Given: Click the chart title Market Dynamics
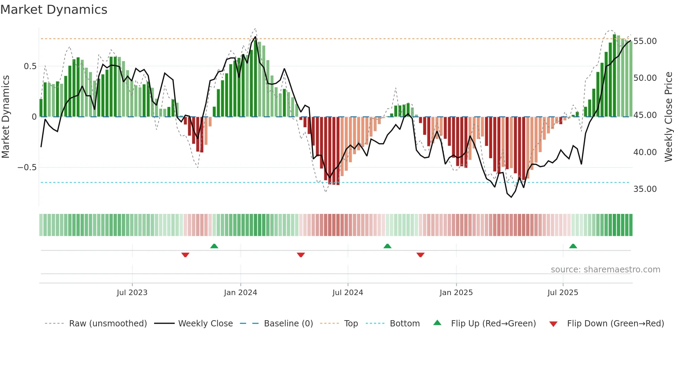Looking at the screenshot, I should pyautogui.click(x=54, y=10).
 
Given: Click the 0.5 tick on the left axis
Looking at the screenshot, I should pyautogui.click(x=30, y=66).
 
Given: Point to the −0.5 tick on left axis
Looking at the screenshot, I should pyautogui.click(x=27, y=167).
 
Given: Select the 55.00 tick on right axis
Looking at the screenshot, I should pyautogui.click(x=645, y=41).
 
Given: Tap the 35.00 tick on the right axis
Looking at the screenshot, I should pyautogui.click(x=645, y=189).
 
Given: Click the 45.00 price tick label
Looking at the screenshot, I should pyautogui.click(x=645, y=115).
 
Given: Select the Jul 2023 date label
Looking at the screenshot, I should pyautogui.click(x=132, y=293).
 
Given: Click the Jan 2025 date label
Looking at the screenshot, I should pyautogui.click(x=456, y=293).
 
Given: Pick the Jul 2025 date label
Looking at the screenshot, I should pyautogui.click(x=563, y=293).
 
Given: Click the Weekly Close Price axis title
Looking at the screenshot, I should pyautogui.click(x=668, y=117).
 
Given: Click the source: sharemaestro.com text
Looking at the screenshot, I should pyautogui.click(x=605, y=270).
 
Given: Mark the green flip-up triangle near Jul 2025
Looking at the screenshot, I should pyautogui.click(x=573, y=246).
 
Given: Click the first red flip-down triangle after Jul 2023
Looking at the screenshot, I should pyautogui.click(x=185, y=255).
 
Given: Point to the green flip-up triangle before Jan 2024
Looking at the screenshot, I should pyautogui.click(x=214, y=246).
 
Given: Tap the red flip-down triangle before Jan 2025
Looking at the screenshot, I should pyautogui.click(x=420, y=255).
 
